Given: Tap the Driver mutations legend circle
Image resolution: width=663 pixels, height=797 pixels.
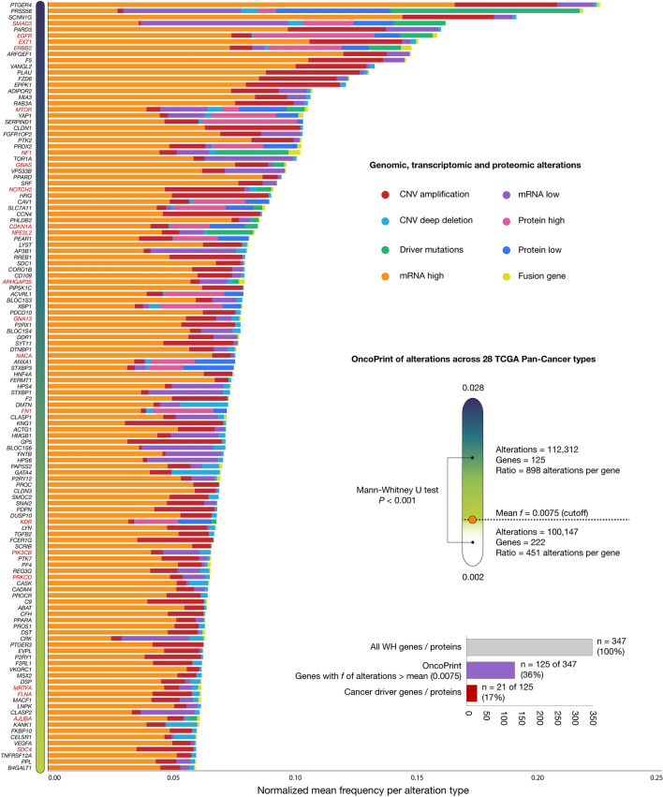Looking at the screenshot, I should coord(387,249).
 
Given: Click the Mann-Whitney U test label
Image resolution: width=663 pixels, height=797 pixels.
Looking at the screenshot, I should coord(401,490).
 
